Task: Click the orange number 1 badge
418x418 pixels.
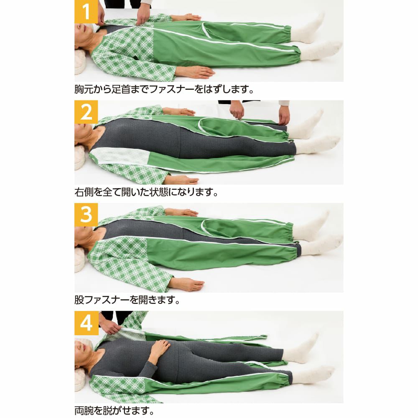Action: pyautogui.click(x=86, y=12)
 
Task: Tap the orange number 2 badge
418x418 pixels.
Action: pyautogui.click(x=86, y=112)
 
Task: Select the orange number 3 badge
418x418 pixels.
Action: pyautogui.click(x=86, y=215)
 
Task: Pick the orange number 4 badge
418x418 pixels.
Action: pyautogui.click(x=87, y=323)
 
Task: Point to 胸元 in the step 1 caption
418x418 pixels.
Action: pyautogui.click(x=84, y=89)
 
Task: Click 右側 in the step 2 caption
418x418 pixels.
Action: pyautogui.click(x=84, y=192)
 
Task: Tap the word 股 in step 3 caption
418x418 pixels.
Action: pyautogui.click(x=79, y=300)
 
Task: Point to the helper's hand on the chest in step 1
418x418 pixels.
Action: pyautogui.click(x=143, y=15)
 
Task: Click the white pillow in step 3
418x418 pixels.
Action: pyautogui.click(x=80, y=260)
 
